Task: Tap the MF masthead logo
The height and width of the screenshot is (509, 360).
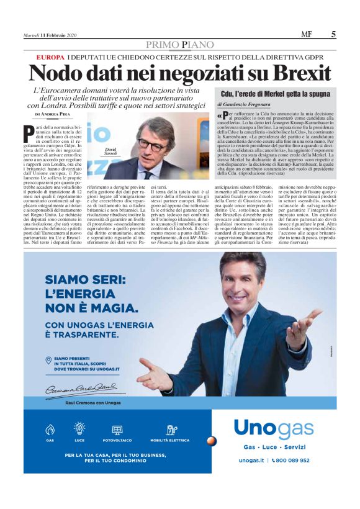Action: [x=306, y=35]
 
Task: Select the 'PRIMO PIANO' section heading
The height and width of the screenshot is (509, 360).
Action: [x=179, y=45]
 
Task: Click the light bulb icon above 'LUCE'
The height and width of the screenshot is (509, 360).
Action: [x=79, y=427]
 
